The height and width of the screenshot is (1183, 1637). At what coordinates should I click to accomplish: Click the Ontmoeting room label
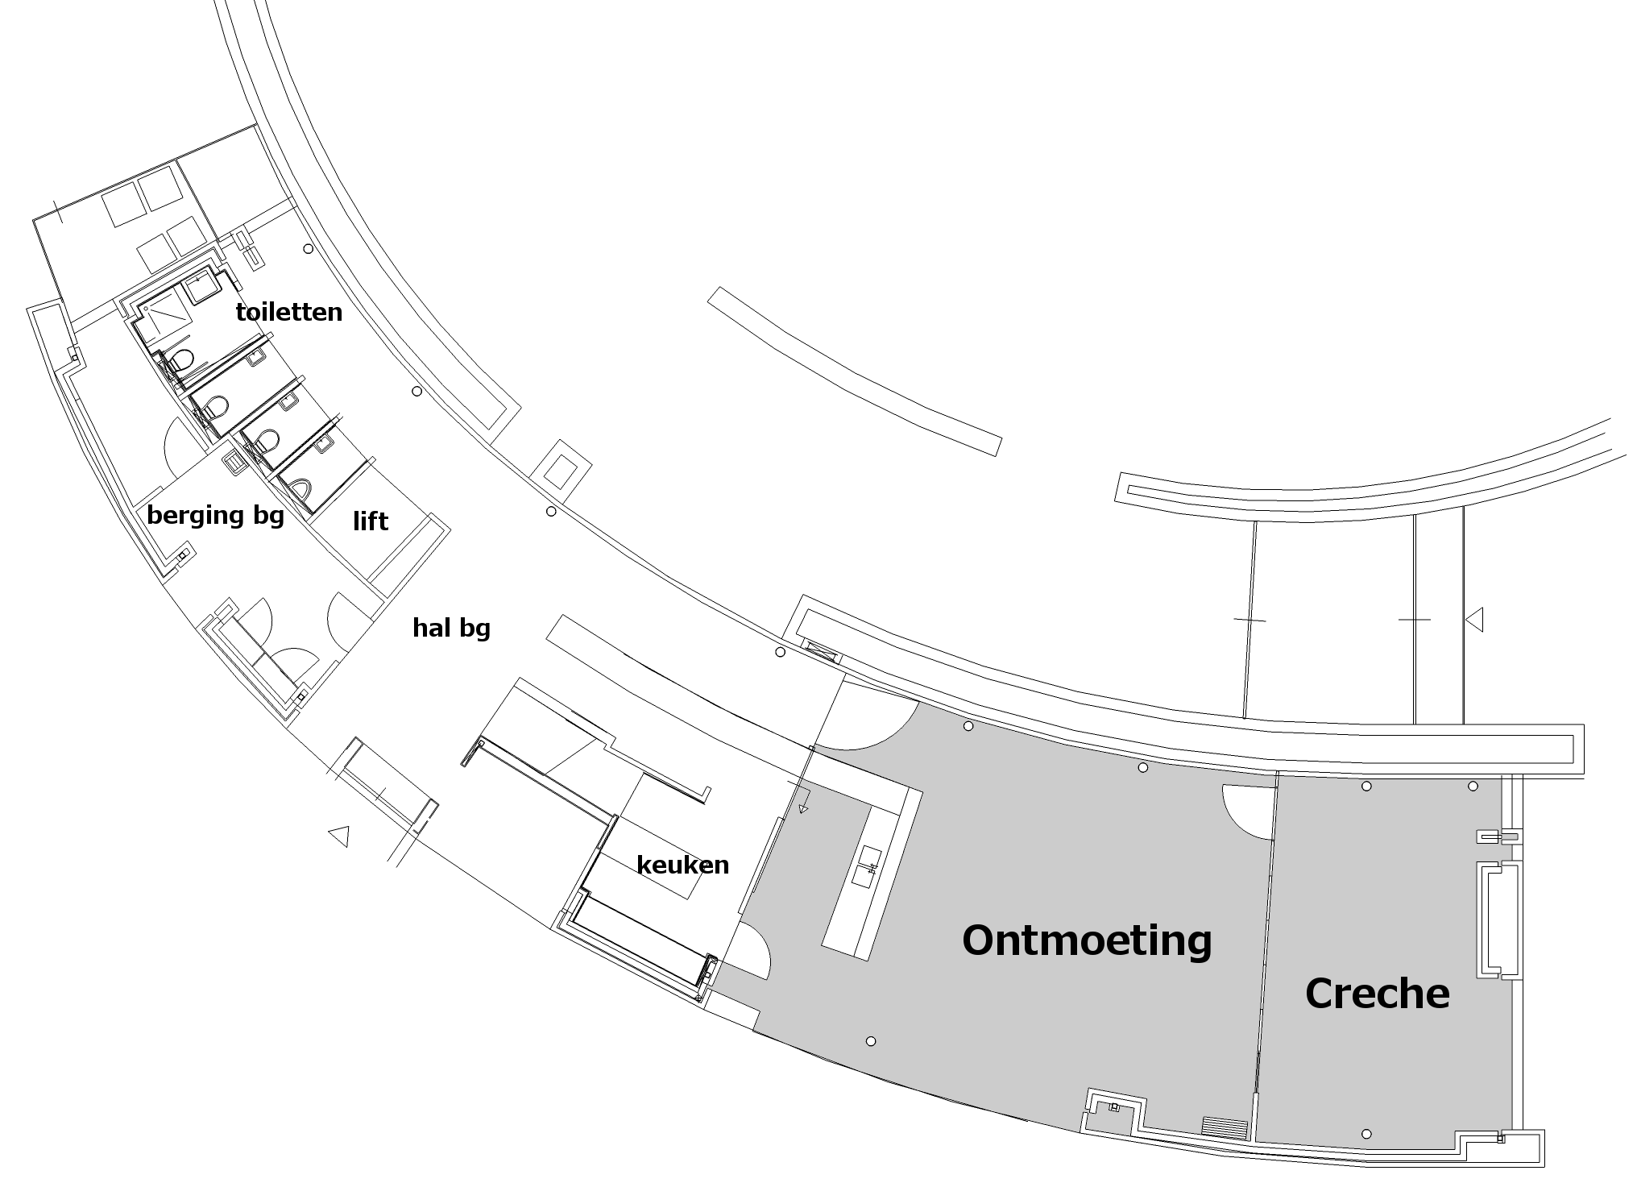click(x=1087, y=940)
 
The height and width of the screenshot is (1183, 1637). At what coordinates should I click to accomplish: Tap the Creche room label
click(x=1377, y=994)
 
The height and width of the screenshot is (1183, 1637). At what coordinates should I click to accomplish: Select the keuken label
click(x=682, y=865)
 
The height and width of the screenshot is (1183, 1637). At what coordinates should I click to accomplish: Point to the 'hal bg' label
click(x=451, y=627)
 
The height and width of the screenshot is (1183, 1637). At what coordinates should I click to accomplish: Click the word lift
click(x=370, y=521)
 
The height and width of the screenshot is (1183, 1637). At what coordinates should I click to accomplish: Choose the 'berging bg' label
click(x=215, y=515)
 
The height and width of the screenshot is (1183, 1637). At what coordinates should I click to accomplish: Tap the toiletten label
click(x=288, y=312)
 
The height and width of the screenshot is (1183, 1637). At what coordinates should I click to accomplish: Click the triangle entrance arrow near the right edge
click(x=1474, y=620)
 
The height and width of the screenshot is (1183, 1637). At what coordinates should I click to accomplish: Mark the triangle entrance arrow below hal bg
click(x=339, y=836)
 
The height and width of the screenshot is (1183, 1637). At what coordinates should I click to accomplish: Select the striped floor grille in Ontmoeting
click(x=1224, y=1126)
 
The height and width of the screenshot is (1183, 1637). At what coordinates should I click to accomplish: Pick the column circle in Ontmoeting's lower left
click(x=870, y=1041)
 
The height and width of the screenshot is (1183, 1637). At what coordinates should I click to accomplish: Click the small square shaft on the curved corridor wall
click(x=565, y=467)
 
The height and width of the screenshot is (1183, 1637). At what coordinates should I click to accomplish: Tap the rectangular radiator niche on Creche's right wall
click(x=1498, y=919)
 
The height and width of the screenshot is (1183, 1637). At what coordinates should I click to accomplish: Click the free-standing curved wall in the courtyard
click(x=854, y=372)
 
